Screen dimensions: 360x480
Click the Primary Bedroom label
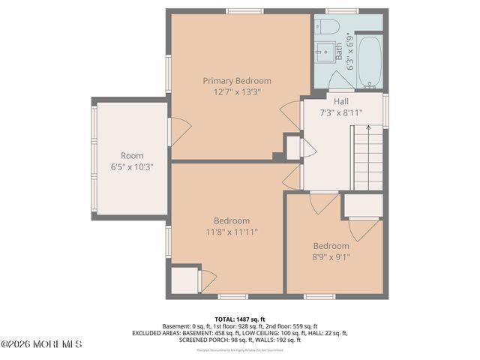point(237,81)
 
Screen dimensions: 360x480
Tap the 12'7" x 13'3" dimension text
point(237,92)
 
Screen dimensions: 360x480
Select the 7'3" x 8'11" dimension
point(341,113)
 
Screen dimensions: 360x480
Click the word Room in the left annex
point(131,156)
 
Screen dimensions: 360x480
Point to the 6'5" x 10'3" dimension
point(131,167)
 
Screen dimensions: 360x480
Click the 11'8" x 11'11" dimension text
point(232,232)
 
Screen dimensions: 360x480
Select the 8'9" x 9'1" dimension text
point(331,257)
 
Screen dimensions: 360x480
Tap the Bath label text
point(339,51)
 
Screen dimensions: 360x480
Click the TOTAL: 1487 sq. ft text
point(240,318)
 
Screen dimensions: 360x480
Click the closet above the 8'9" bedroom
point(363,205)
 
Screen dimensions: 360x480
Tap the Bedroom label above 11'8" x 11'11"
point(232,220)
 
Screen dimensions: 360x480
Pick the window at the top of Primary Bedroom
point(239,11)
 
